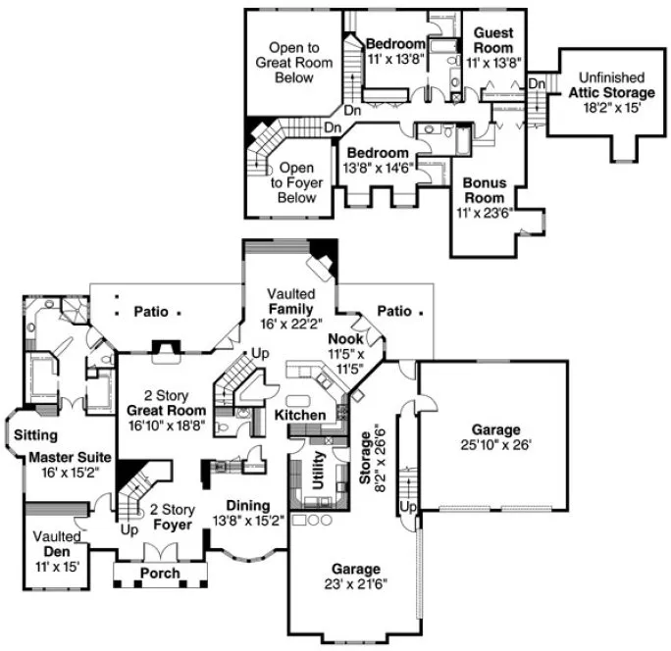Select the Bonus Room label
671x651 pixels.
point(484,197)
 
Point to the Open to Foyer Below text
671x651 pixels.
point(297,182)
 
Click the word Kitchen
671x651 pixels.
point(299,416)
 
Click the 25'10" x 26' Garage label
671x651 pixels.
point(495,437)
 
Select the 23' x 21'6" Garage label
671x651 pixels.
point(355,577)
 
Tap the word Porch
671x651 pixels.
point(161,573)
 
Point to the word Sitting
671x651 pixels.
point(36,434)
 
